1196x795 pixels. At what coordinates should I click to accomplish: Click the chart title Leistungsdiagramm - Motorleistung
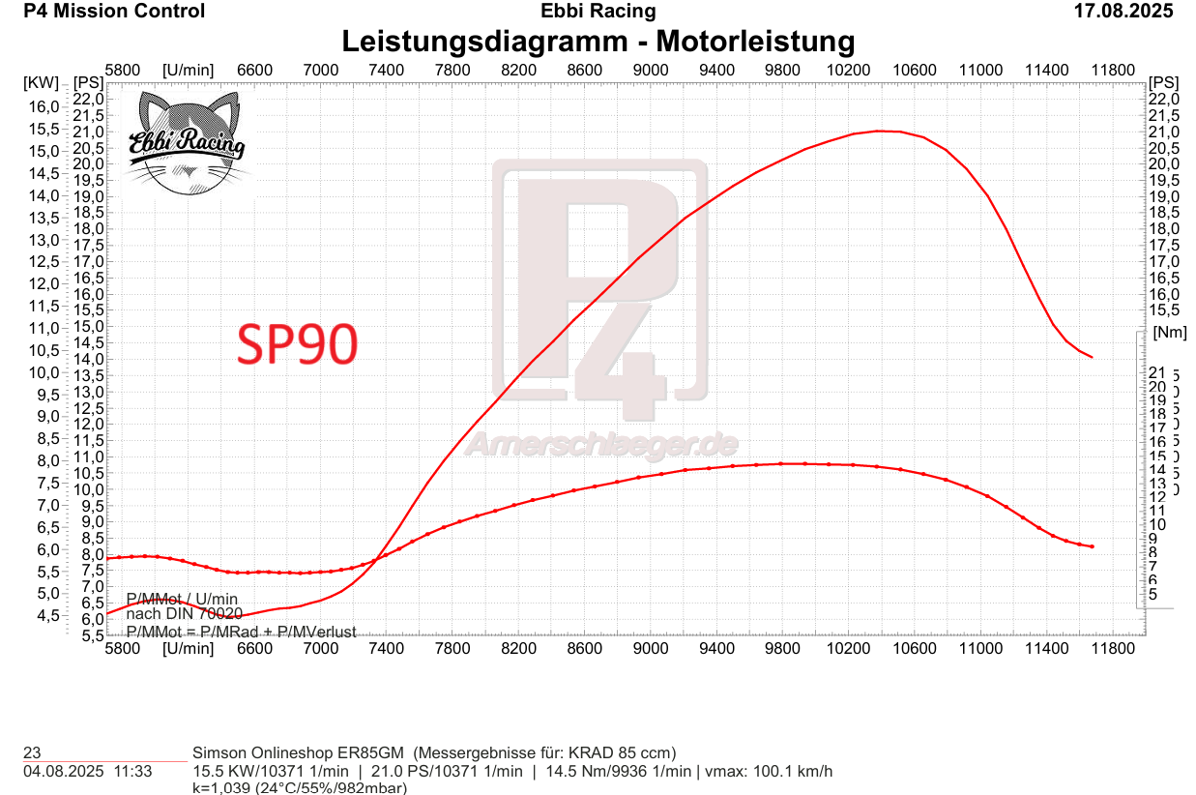[598, 42]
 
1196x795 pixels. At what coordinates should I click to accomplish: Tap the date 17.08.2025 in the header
[1123, 12]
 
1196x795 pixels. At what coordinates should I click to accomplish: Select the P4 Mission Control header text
[114, 12]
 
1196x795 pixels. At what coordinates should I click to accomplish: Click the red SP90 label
[298, 343]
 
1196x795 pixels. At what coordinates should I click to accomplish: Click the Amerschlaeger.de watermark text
[601, 444]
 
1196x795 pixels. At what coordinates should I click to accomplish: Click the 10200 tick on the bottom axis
[848, 648]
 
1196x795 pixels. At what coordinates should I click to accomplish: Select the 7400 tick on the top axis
[386, 70]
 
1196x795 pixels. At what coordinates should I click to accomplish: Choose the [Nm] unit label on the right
[1169, 332]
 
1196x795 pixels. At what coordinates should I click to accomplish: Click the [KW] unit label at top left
[41, 82]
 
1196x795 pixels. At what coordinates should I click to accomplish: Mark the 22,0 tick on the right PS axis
[1164, 99]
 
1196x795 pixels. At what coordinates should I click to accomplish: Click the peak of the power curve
[879, 131]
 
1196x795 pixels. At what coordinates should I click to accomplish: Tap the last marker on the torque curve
[1092, 546]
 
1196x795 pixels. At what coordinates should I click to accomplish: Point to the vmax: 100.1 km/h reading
[769, 771]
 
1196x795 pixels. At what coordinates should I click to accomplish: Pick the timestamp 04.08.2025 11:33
[87, 771]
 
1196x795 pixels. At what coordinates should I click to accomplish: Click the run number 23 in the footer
[32, 752]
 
